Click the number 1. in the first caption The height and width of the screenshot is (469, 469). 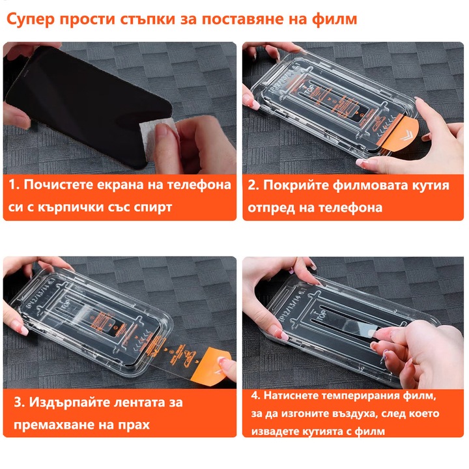[x=14, y=185]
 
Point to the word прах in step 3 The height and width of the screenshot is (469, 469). [x=131, y=425]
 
